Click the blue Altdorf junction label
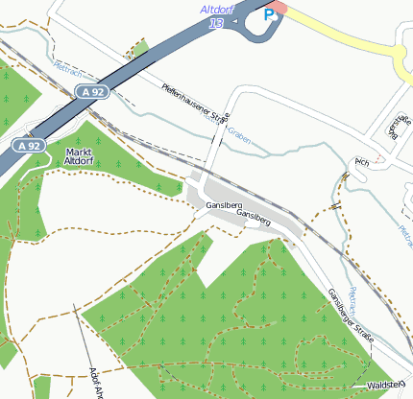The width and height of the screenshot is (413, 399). [x=216, y=9]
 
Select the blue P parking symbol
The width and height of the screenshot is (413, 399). [x=269, y=15]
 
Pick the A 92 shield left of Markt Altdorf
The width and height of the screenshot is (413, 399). [x=29, y=146]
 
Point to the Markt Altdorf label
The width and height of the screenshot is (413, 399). [x=78, y=157]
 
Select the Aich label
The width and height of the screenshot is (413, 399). [x=362, y=162]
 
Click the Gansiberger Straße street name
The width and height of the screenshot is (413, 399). [x=350, y=316]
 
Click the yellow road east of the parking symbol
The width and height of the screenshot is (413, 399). [x=336, y=34]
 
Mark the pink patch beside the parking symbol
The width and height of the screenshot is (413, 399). [x=278, y=8]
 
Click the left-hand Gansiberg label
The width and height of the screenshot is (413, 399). [x=221, y=205]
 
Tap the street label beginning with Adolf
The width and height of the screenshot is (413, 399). [x=94, y=381]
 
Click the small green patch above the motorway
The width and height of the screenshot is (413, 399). [x=140, y=47]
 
